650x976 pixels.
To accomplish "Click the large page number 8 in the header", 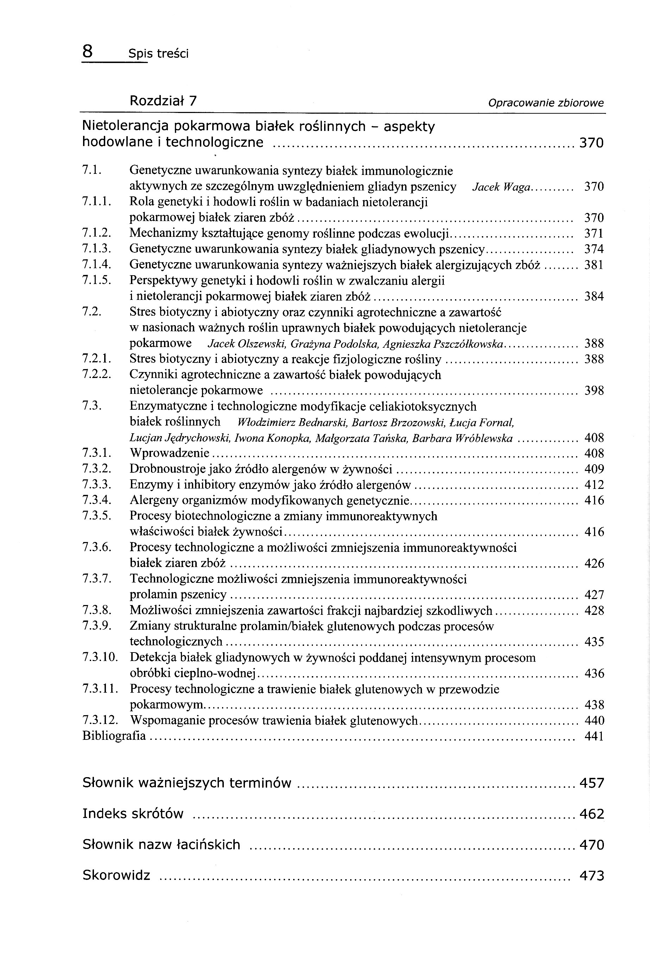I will point(88,52).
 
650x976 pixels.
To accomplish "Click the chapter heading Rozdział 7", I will point(163,101).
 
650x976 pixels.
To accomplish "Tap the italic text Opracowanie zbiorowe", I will point(545,103).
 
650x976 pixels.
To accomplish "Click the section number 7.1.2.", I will point(96,233).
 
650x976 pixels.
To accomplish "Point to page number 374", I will point(594,249).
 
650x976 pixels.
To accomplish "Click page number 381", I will point(594,265).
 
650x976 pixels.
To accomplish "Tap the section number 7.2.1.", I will point(96,359).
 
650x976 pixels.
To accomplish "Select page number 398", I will point(594,391).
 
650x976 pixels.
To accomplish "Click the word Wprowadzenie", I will point(169,453).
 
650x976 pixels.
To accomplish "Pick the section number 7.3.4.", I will point(96,500).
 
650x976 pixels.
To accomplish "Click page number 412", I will point(594,485).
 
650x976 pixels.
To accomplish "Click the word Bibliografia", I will point(114,736).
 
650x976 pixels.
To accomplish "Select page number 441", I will point(594,736).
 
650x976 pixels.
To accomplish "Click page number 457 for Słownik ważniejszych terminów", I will point(592,783).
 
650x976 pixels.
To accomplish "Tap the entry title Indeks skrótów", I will point(133,814).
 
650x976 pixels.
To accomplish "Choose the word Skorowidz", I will point(116,875).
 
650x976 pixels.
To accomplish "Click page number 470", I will point(592,845).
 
